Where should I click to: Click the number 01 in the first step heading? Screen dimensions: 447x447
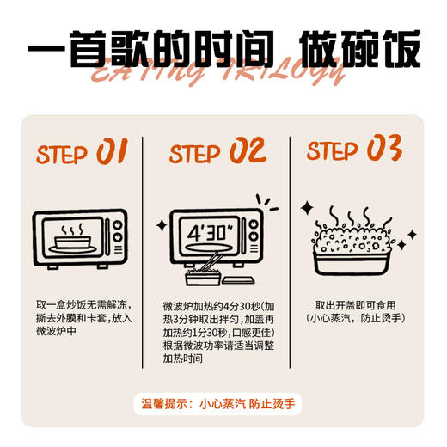coord(112,151)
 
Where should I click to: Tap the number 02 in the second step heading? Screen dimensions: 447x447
coord(248,150)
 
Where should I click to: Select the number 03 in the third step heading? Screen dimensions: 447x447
coord(384,148)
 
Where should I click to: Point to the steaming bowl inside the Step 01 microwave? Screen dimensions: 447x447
coord(72,240)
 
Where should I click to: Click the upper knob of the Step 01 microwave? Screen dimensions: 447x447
coord(118,225)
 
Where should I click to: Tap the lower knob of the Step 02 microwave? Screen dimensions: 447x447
coord(254,236)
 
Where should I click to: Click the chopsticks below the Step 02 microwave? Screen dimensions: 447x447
coord(210,261)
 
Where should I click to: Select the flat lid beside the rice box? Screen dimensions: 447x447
coord(238,280)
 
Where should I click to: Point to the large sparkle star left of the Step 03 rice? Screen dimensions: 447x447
coord(307,207)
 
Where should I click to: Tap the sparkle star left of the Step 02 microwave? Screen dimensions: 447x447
coord(162,225)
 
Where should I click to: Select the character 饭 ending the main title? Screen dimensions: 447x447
coord(402,49)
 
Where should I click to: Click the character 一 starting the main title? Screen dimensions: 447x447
coord(46,48)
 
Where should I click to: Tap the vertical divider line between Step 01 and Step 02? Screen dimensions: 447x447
coord(143,253)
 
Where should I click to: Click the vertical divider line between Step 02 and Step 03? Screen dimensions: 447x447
coord(290,253)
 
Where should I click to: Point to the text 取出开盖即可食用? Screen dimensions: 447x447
coord(356,305)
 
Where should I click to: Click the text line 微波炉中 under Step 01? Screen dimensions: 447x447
coord(56,331)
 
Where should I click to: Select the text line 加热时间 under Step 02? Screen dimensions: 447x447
coord(183,358)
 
